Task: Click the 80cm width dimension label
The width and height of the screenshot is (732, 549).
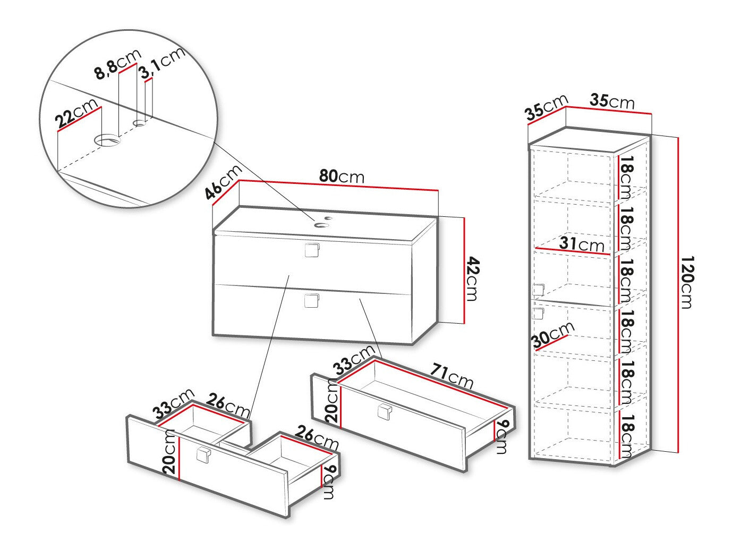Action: click(x=342, y=176)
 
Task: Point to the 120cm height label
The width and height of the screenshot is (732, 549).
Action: click(x=687, y=282)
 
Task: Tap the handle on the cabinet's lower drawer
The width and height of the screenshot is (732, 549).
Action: click(x=311, y=300)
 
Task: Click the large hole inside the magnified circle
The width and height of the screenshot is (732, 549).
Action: click(x=107, y=140)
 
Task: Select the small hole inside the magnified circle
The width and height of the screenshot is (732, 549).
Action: click(x=140, y=123)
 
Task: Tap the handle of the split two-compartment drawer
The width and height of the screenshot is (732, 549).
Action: click(x=203, y=455)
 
